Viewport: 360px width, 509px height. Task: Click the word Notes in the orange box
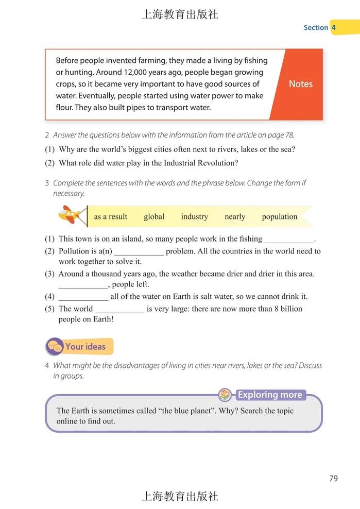coord(301,84)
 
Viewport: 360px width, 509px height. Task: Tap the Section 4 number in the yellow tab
coord(334,27)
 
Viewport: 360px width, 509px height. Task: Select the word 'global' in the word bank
coord(154,217)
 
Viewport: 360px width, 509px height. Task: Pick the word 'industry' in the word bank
coord(195,217)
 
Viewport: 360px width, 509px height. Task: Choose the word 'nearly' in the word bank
coord(235,217)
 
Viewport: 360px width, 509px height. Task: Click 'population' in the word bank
coord(280,217)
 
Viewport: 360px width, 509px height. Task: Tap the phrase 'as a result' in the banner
coord(110,217)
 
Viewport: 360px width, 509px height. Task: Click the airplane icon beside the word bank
coord(71,215)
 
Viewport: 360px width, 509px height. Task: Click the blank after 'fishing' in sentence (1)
coord(289,240)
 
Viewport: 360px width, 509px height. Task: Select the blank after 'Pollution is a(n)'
coord(139,252)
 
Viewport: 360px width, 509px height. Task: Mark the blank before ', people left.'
coord(83,285)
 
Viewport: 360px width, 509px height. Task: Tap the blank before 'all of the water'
coord(83,297)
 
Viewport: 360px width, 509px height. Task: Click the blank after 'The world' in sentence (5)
coord(119,310)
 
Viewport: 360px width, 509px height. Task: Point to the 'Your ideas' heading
coord(85,347)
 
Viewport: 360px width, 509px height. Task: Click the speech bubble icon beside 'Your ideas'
coord(54,347)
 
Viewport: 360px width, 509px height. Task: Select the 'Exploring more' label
coord(270,395)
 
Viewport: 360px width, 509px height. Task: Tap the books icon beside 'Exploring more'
coord(225,395)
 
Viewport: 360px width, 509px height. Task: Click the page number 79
coord(333,479)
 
